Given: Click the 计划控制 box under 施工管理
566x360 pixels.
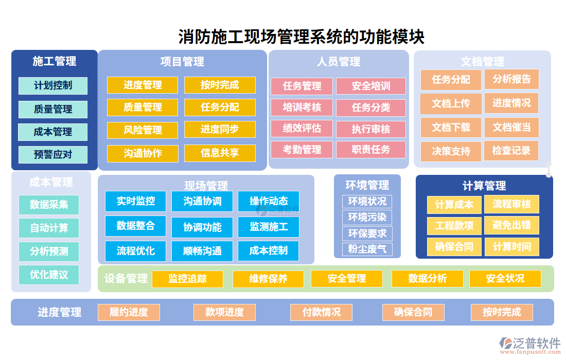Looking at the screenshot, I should coord(53,86).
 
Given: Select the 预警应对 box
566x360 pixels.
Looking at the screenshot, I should coord(53,155).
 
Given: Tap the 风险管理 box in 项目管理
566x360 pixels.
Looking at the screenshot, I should coord(143,130).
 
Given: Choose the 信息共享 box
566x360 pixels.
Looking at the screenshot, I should coord(220,153).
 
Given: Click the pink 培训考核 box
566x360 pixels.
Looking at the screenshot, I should coord(302,107).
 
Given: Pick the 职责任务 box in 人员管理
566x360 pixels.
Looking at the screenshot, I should coord(371,150).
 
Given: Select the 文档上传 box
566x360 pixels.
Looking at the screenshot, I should coord(451,103).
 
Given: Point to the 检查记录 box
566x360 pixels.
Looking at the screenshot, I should coord(511,151).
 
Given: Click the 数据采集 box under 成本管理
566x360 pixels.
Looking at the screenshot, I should coord(49,205).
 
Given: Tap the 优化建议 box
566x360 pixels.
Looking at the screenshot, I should coord(49,275).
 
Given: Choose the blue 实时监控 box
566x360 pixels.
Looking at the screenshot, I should coord(136,201).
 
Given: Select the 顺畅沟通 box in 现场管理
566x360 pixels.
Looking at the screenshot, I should coord(202,251).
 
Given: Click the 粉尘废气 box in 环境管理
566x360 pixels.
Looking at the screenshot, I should coord(367,249).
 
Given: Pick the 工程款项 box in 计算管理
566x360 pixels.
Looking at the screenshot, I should coord(454,226).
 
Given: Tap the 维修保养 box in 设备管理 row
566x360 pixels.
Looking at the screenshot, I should coord(268,279).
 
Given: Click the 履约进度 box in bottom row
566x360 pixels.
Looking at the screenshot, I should coord(129,312).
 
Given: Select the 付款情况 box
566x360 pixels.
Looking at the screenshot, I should coord(321,312).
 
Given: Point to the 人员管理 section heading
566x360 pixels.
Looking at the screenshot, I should coord(339,62).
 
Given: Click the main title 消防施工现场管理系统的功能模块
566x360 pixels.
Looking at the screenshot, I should coord(301,37).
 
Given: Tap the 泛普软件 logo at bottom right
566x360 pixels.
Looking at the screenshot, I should coord(530,344).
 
